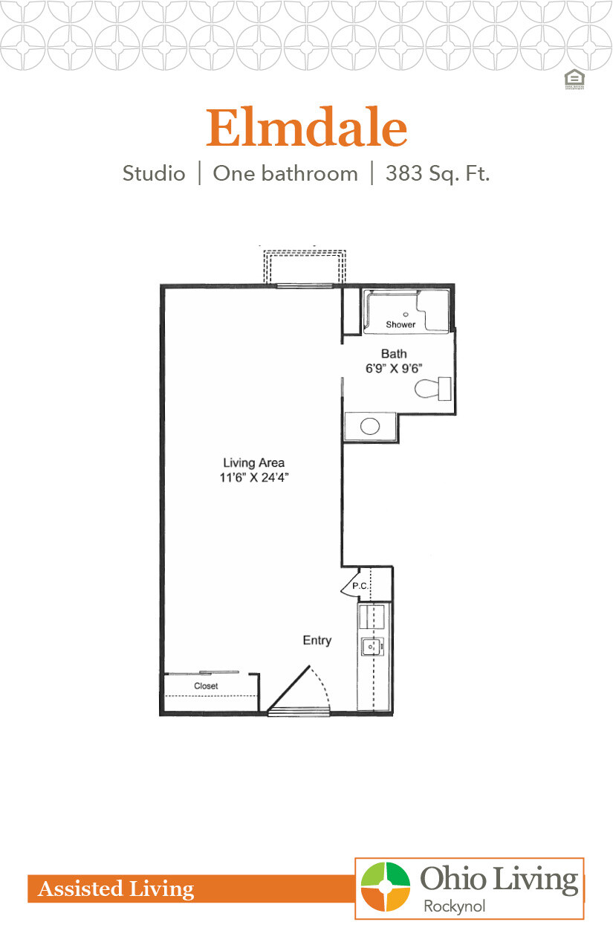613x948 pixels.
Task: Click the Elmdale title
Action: pyautogui.click(x=306, y=128)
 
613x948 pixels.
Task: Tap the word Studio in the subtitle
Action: pyautogui.click(x=154, y=174)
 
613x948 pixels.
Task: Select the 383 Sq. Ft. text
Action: pyautogui.click(x=438, y=174)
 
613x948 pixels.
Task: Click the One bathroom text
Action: pyautogui.click(x=285, y=174)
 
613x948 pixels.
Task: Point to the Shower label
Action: pyautogui.click(x=400, y=325)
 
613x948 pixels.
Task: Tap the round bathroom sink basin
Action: pyautogui.click(x=370, y=427)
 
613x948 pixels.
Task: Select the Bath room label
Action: pyautogui.click(x=394, y=354)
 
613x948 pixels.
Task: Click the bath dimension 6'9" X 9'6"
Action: pyautogui.click(x=394, y=367)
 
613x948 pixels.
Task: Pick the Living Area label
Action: pyautogui.click(x=254, y=463)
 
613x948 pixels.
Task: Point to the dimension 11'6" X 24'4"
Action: pyautogui.click(x=254, y=478)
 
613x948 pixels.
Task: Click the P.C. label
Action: pyautogui.click(x=360, y=586)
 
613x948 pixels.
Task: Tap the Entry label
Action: pyautogui.click(x=317, y=640)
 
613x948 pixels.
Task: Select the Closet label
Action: pyautogui.click(x=206, y=686)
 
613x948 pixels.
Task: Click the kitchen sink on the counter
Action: pyautogui.click(x=369, y=647)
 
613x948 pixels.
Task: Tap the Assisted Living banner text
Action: pyautogui.click(x=116, y=889)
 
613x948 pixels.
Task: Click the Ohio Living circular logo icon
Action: pyautogui.click(x=385, y=886)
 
